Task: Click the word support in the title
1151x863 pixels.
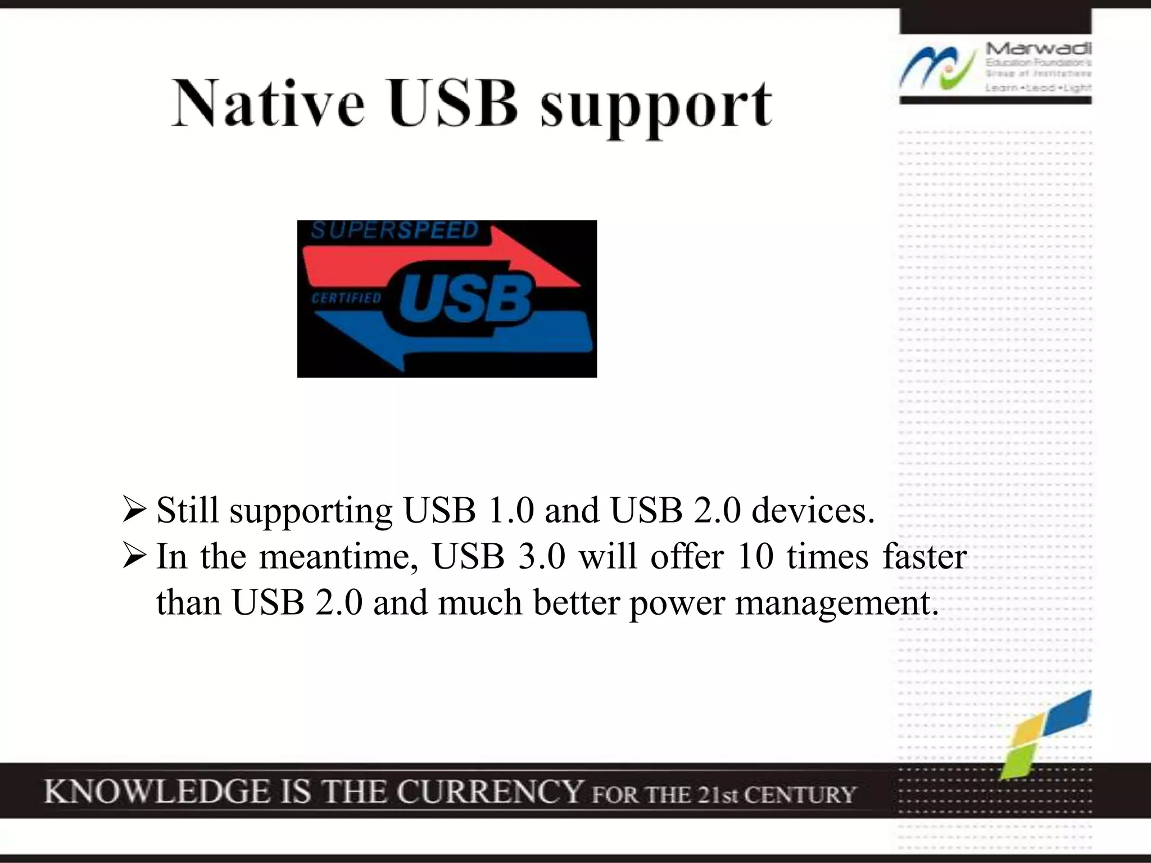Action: tap(656, 107)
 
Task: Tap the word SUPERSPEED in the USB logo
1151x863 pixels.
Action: tap(395, 230)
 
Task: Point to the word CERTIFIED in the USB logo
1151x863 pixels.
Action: tap(346, 298)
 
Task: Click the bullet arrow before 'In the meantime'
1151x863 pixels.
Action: tap(134, 557)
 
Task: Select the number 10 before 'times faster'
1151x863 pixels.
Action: tap(756, 557)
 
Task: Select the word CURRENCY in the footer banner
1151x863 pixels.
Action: tap(490, 792)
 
